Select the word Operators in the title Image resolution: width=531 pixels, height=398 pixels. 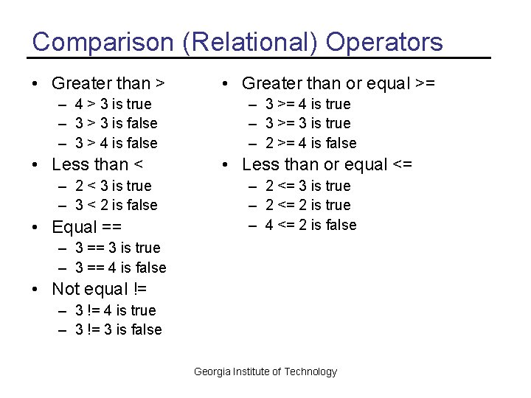(384, 41)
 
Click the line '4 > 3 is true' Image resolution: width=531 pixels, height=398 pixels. (113, 104)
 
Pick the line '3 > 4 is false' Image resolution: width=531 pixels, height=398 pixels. (116, 143)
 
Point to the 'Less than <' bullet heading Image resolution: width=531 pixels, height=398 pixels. (97, 164)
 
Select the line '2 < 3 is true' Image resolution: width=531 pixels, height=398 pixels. (113, 186)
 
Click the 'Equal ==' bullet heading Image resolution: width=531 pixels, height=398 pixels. (86, 227)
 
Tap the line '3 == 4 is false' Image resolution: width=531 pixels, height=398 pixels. (120, 268)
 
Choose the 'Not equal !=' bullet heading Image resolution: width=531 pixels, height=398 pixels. (100, 289)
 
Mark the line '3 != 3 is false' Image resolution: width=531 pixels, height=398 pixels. (118, 329)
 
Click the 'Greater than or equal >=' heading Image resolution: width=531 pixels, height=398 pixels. (339, 83)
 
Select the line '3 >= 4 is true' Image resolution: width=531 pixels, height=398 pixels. (308, 104)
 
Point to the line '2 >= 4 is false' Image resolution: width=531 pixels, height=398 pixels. (310, 143)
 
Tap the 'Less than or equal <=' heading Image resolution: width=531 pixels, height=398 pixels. (327, 164)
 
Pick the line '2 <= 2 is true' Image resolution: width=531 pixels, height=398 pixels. (308, 205)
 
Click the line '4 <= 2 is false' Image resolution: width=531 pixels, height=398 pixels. (310, 225)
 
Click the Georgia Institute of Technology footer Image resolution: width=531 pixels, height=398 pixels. (265, 371)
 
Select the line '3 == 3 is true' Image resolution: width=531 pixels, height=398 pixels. (117, 248)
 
